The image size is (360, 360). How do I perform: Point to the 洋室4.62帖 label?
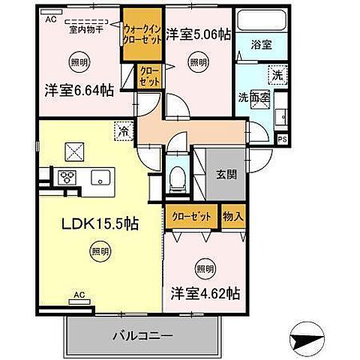[x=204, y=292]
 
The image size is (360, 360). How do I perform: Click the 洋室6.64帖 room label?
[x=77, y=90]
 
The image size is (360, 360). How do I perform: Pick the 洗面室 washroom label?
[x=253, y=97]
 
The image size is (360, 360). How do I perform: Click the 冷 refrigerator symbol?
[x=123, y=131]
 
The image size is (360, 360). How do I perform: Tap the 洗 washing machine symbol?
[x=277, y=75]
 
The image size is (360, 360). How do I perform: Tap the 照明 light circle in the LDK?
[x=98, y=250]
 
